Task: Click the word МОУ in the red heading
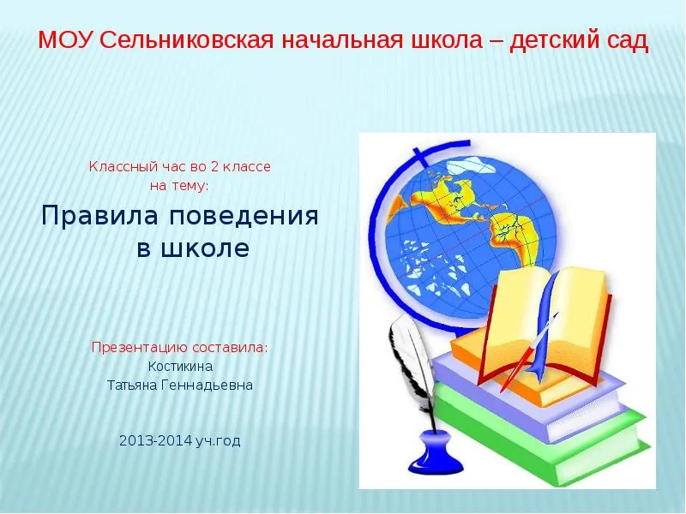[66, 40]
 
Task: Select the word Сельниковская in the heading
[187, 40]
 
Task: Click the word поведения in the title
[244, 216]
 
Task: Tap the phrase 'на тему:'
[179, 185]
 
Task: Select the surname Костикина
[180, 366]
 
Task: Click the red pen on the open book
[528, 353]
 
